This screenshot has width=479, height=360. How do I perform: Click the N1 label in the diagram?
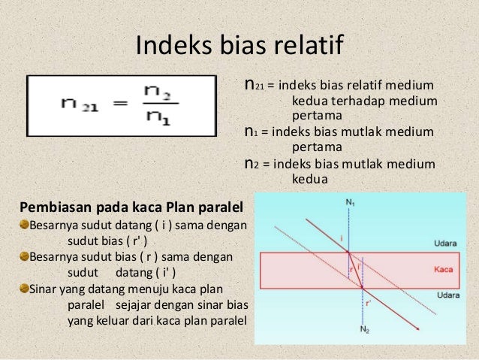click(x=349, y=203)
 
